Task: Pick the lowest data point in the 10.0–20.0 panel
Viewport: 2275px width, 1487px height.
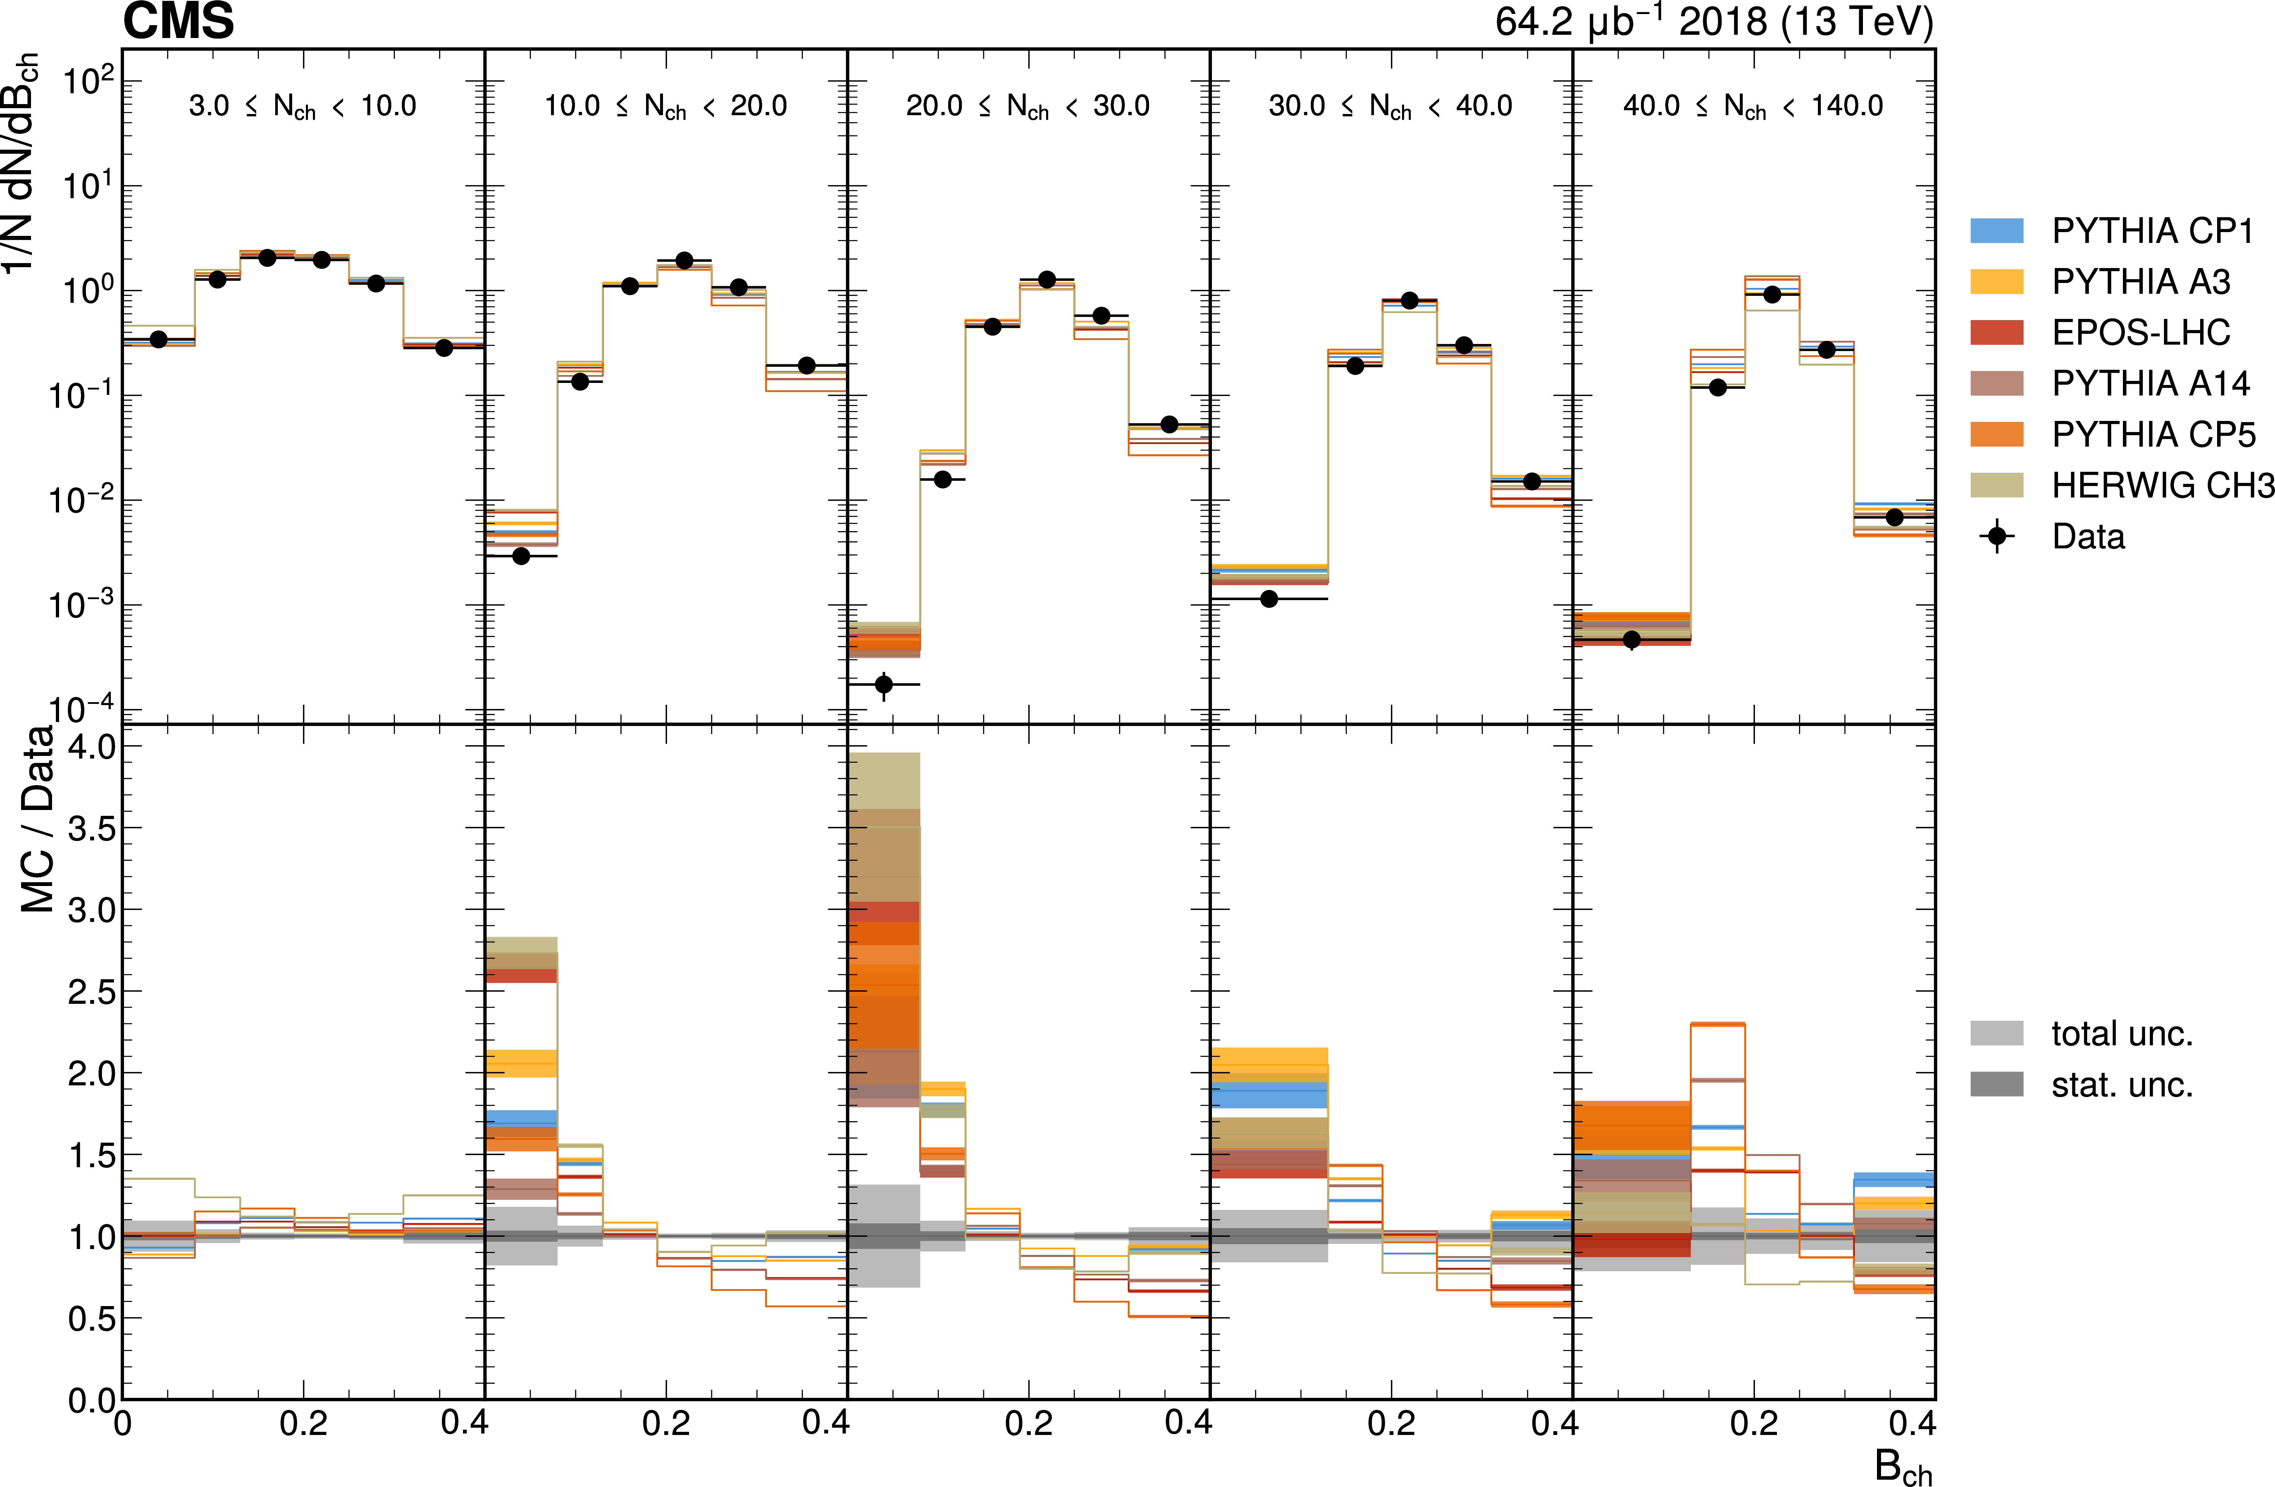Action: (521, 555)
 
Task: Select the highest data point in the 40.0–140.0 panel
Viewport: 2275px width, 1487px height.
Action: (1771, 294)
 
